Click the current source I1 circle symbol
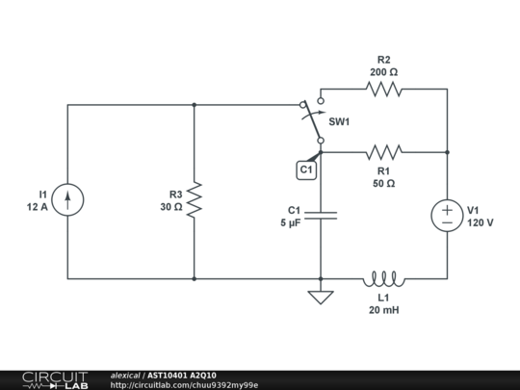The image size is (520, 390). click(67, 200)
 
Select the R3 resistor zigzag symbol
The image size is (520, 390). click(195, 200)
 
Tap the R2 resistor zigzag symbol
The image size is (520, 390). click(383, 89)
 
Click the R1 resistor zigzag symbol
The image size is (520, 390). click(383, 151)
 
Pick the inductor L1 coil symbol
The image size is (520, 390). click(383, 278)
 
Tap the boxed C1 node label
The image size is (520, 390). click(306, 169)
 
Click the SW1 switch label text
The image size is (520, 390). click(339, 122)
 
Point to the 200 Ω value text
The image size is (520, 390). click(383, 71)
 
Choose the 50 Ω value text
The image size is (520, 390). click(383, 183)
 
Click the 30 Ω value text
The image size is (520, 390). click(171, 207)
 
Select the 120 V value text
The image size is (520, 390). click(480, 222)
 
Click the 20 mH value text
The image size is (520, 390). click(383, 310)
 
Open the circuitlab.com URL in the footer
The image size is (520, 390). click(184, 384)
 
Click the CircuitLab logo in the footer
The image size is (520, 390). click(54, 379)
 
